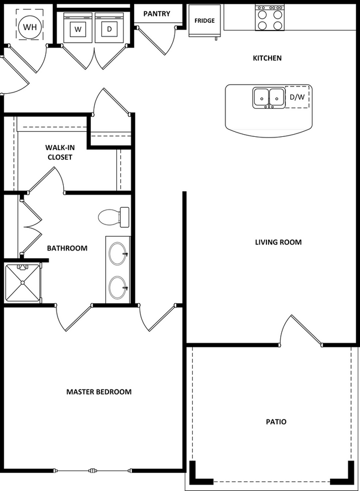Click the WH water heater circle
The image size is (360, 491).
[x=30, y=27]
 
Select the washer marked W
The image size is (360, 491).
[x=78, y=28]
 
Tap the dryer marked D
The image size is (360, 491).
[x=109, y=28]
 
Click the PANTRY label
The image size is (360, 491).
[x=157, y=14]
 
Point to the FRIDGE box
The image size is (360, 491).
[x=204, y=21]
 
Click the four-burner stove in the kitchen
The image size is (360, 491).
[x=270, y=18]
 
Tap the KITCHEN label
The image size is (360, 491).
[x=267, y=58]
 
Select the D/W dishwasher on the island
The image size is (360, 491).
[x=297, y=97]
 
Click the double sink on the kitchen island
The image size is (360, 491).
[x=269, y=98]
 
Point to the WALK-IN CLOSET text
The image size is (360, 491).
[x=60, y=152]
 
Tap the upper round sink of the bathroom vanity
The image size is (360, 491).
[x=118, y=254]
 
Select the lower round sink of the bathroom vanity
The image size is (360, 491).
[x=118, y=288]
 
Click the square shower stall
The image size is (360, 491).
[x=23, y=283]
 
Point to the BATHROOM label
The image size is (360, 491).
[x=67, y=248]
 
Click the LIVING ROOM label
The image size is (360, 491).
[x=278, y=242]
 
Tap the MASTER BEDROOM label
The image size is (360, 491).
[x=99, y=392]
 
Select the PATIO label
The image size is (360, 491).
[x=276, y=422]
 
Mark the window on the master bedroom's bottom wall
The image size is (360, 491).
[x=92, y=470]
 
